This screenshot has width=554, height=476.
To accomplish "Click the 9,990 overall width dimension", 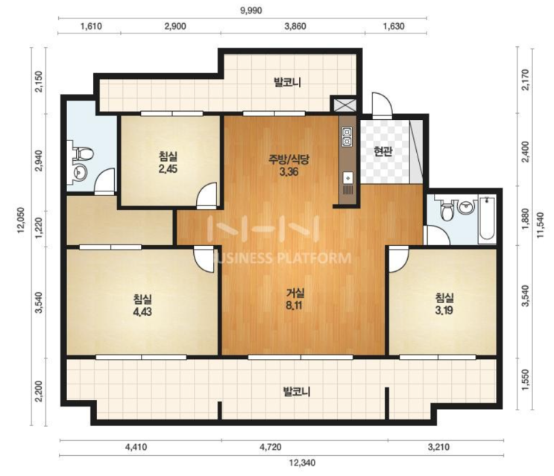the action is tap(251, 10).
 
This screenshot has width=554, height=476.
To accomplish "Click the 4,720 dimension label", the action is tap(270, 448).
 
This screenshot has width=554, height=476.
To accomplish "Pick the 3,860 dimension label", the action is tap(295, 27).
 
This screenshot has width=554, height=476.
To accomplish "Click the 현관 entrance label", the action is tap(383, 152).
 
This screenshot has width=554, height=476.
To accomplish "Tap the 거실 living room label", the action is tap(295, 293).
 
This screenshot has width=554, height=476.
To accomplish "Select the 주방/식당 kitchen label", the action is tap(289, 160).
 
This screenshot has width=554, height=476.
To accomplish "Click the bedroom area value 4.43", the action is tap(142, 312).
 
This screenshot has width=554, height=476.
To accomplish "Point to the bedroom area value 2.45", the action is tap(168, 168).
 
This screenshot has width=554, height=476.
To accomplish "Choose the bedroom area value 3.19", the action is tap(444, 311).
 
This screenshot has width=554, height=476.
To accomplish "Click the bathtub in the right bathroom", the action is tap(487, 220).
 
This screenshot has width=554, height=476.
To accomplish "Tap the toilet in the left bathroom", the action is tap(84, 154).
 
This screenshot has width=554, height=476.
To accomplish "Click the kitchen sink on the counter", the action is tap(347, 177).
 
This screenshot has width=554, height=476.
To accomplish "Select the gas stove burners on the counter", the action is tap(347, 137).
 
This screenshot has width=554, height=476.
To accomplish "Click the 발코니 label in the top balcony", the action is tap(287, 83).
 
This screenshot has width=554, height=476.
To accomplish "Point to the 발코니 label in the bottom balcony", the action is tap(297, 392).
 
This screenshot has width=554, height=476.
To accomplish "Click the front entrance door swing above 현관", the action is tap(383, 105).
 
